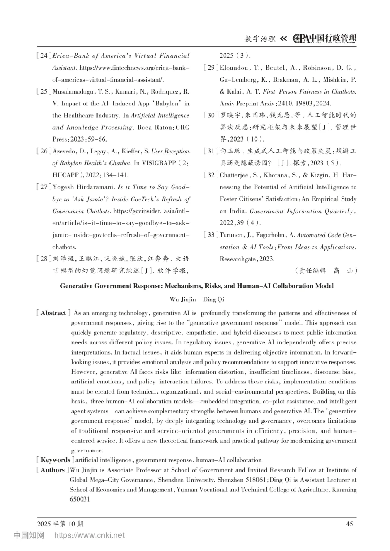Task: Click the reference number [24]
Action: coord(44,56)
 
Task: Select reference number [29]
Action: coord(211,68)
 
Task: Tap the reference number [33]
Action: coord(211,235)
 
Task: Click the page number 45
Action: coord(350,524)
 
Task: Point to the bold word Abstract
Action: coord(53,313)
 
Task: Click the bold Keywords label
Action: coord(55,460)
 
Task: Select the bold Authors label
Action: coord(52,470)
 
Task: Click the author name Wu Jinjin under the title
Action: coord(183,300)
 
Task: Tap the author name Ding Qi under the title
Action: coord(213,300)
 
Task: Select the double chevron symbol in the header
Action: coord(283,39)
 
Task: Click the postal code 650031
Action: coord(80,499)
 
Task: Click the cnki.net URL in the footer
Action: coord(89,535)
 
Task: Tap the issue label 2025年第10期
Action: coord(60,524)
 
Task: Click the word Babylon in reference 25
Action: coord(167,104)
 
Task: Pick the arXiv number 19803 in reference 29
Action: coord(305,104)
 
